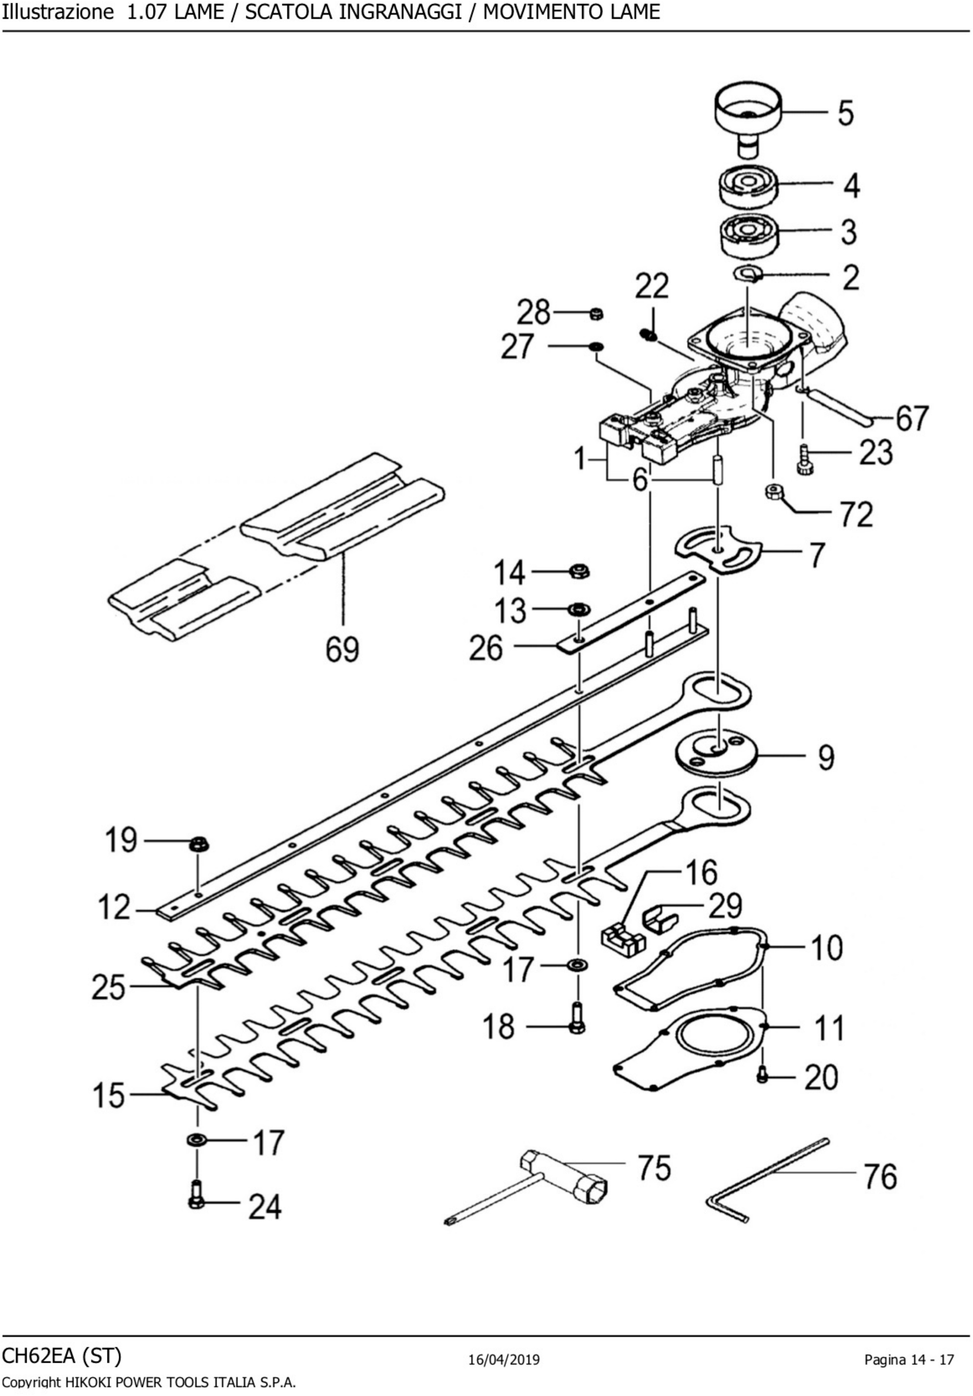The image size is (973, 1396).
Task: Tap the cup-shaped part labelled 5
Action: pos(747,113)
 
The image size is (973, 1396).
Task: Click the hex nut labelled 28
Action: pos(596,314)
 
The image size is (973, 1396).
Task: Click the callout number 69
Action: pos(342,649)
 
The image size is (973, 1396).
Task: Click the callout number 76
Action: pos(880,1176)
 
